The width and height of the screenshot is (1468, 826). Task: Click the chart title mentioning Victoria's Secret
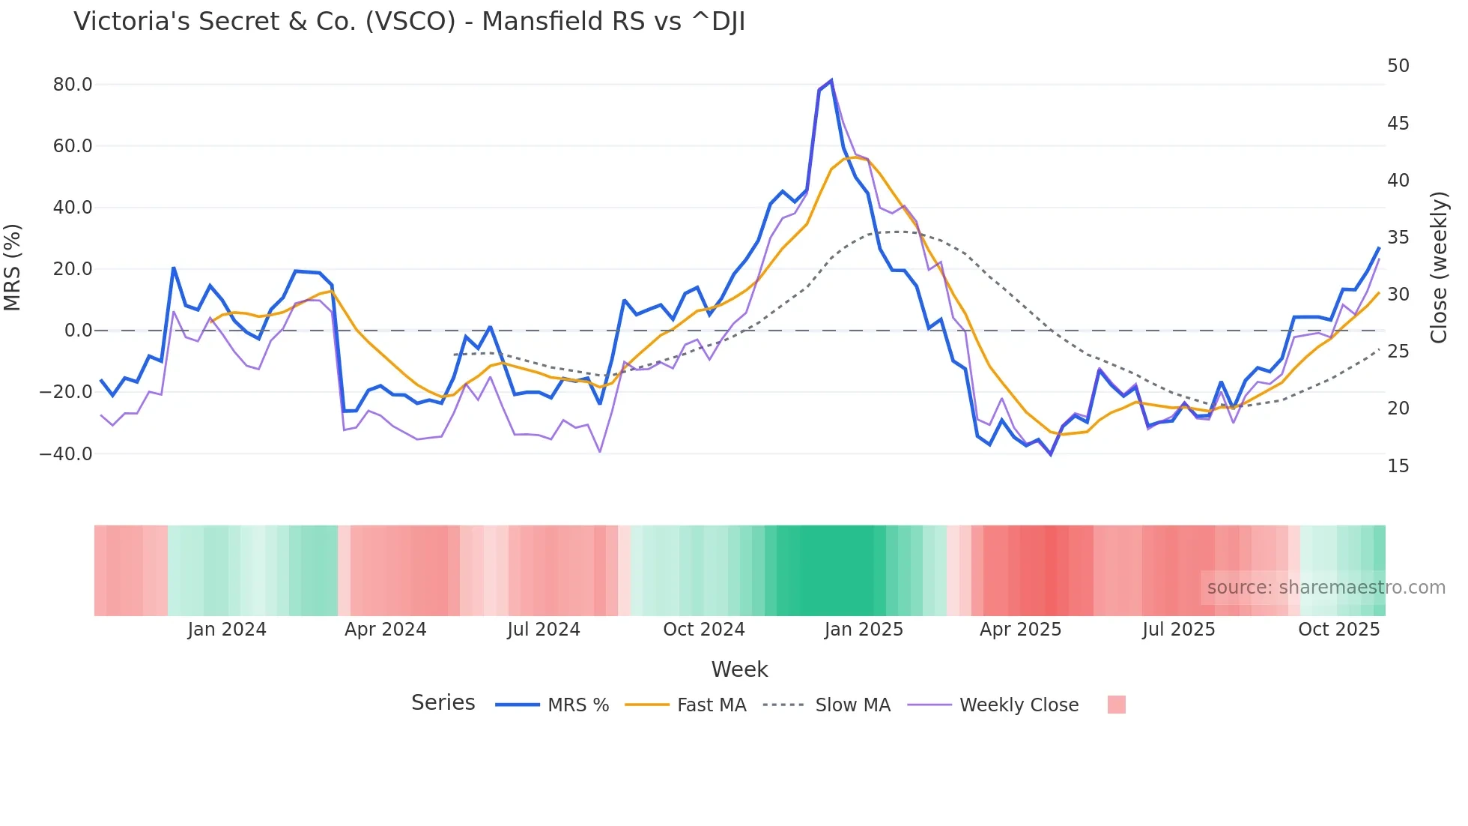pyautogui.click(x=409, y=22)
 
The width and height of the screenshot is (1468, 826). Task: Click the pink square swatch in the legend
pyautogui.click(x=1116, y=705)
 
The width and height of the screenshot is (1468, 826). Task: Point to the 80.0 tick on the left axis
pyautogui.click(x=73, y=85)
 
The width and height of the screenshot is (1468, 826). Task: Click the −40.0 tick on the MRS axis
pyautogui.click(x=66, y=454)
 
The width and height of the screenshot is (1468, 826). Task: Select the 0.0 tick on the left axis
pyautogui.click(x=78, y=331)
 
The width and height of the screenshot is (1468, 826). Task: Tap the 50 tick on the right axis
pyautogui.click(x=1398, y=66)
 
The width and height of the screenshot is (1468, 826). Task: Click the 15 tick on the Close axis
pyautogui.click(x=1398, y=466)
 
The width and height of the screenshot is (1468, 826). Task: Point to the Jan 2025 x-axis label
pyautogui.click(x=864, y=630)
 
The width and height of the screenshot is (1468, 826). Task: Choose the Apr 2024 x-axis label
pyautogui.click(x=385, y=630)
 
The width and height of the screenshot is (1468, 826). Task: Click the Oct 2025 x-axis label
pyautogui.click(x=1338, y=630)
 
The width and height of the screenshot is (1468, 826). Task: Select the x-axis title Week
pyautogui.click(x=739, y=669)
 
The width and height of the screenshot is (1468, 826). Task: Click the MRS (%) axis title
pyautogui.click(x=13, y=267)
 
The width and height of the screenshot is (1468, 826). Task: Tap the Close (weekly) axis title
pyautogui.click(x=1438, y=267)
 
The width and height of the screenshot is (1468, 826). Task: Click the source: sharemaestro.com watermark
pyautogui.click(x=1326, y=588)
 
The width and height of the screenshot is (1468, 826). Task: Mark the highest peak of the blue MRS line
pyautogui.click(x=831, y=80)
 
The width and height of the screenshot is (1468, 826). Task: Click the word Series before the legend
pyautogui.click(x=443, y=703)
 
